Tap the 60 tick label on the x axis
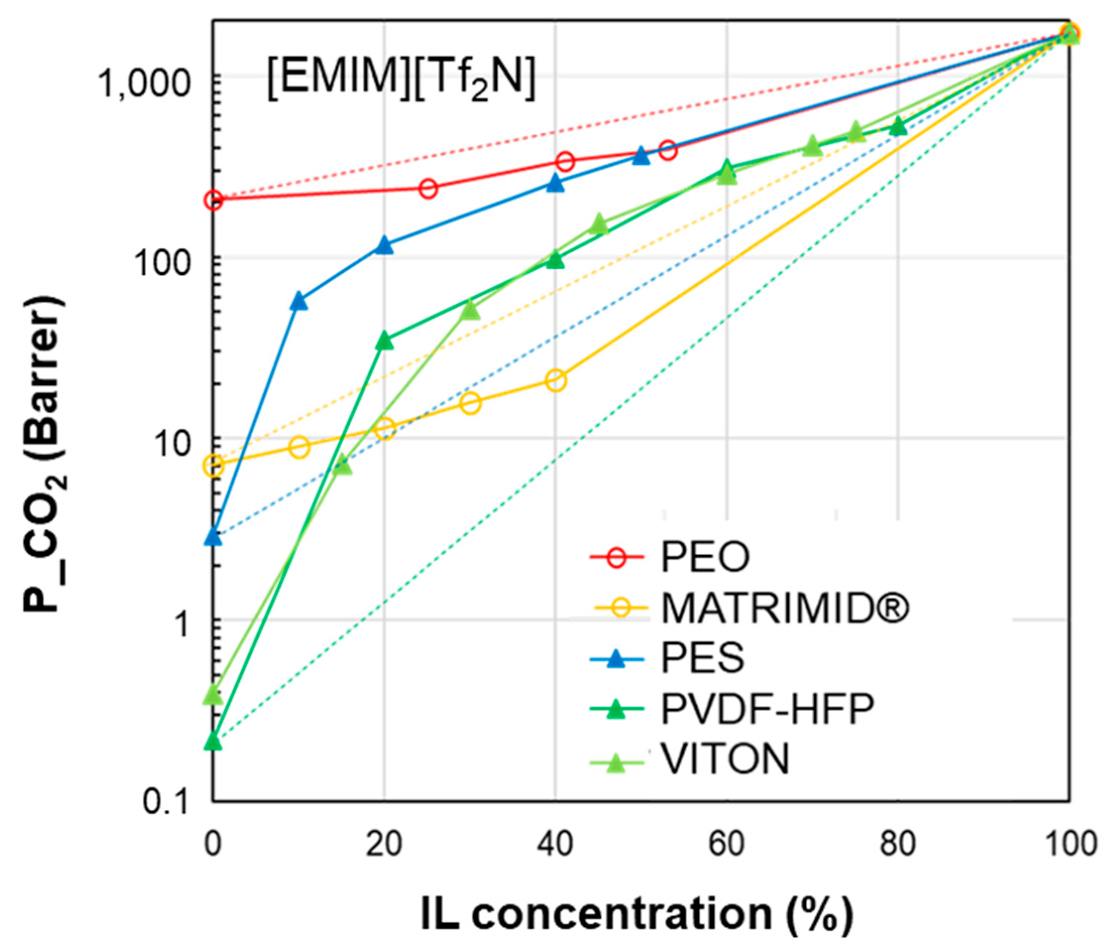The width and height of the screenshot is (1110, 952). pyautogui.click(x=727, y=844)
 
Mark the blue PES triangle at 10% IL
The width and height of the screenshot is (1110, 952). pyautogui.click(x=298, y=302)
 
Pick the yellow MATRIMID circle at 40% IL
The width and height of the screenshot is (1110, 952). pyautogui.click(x=556, y=381)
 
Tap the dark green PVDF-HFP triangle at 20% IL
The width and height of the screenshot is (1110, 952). pyautogui.click(x=384, y=341)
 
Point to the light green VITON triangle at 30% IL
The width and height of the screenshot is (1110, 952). pyautogui.click(x=470, y=309)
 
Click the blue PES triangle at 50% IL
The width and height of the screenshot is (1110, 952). pyautogui.click(x=641, y=156)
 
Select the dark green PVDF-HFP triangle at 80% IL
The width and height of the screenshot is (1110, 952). pyautogui.click(x=898, y=127)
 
